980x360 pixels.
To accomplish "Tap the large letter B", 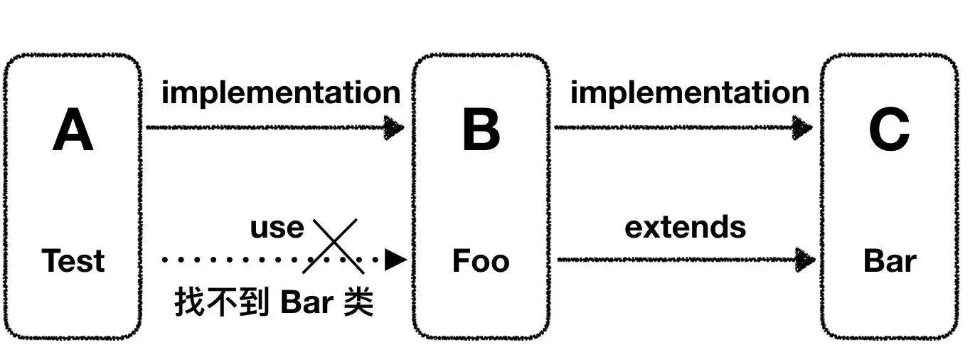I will coord(481,132).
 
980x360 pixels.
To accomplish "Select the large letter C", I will coord(889,132).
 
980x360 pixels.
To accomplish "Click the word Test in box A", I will coord(73,261).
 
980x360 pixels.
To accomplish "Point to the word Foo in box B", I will coord(481,261).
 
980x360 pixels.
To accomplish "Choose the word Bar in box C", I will coord(889,261).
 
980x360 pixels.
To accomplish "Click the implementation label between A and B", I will coord(281,92).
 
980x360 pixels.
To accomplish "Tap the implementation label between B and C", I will coord(689,92).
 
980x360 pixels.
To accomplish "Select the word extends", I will coord(685,227).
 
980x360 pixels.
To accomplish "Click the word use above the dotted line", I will coord(277,228).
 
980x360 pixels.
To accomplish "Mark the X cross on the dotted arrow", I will coord(334,246).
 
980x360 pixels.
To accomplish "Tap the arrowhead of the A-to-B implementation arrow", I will coord(395,128).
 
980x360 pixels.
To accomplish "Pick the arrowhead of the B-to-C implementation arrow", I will coord(803,128).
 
